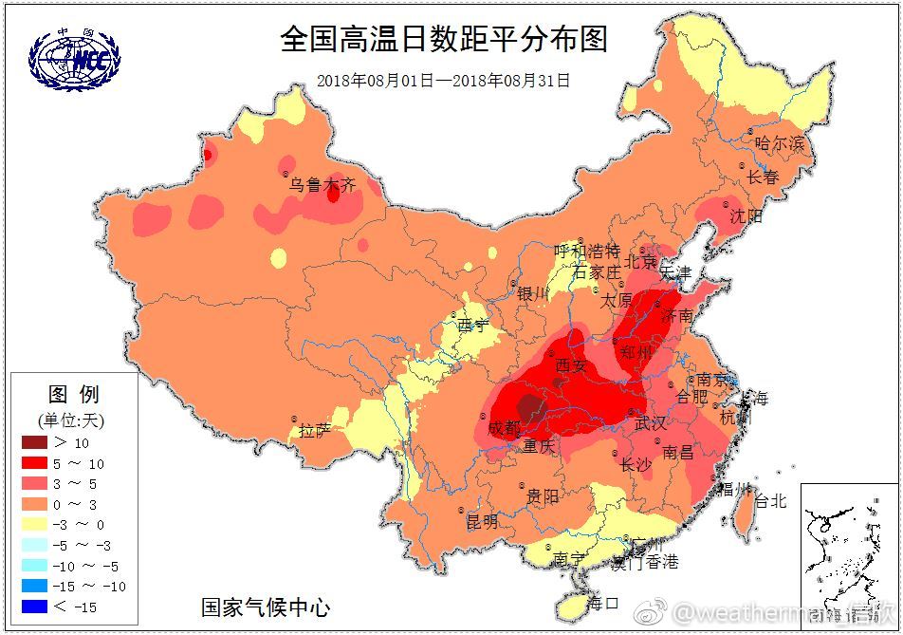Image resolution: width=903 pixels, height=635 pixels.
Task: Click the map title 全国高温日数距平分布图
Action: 443,40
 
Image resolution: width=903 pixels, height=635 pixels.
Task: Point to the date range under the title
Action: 443,81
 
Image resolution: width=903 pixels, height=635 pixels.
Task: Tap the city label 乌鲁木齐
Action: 322,186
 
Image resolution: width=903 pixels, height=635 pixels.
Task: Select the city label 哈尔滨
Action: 779,144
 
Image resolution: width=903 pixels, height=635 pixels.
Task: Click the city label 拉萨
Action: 315,431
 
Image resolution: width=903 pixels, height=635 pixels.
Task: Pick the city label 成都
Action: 505,428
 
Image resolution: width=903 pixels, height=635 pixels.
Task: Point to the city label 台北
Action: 769,501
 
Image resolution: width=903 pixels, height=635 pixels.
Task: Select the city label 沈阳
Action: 746,216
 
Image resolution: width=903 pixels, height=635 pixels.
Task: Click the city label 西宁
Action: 473,326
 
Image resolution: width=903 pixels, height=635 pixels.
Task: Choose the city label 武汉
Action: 651,422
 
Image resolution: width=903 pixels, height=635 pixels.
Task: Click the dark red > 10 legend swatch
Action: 34,442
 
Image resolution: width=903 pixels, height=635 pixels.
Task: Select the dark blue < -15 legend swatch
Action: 34,607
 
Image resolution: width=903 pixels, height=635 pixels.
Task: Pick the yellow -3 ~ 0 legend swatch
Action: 34,524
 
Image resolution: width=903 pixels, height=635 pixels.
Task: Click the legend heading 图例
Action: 73,394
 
